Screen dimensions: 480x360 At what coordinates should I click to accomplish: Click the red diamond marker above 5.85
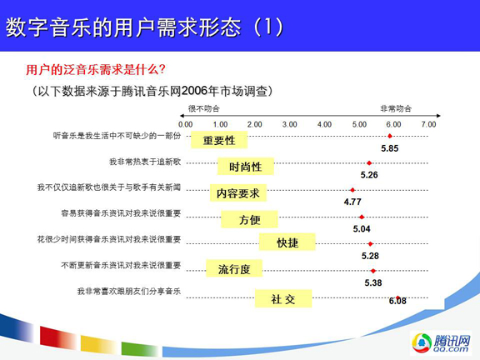click(x=390, y=136)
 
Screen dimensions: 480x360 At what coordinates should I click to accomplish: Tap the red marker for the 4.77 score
click(x=352, y=190)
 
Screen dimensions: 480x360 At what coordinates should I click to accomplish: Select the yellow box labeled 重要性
click(x=219, y=140)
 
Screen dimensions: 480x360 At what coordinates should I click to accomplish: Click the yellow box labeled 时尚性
click(x=246, y=167)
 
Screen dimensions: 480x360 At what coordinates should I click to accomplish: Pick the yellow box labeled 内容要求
click(x=238, y=192)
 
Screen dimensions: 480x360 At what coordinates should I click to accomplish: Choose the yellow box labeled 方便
click(x=249, y=219)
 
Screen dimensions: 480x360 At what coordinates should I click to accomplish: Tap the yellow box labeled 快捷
click(x=287, y=242)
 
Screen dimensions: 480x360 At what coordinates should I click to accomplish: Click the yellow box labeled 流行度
click(x=234, y=268)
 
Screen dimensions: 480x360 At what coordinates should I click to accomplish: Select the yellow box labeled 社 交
click(x=283, y=298)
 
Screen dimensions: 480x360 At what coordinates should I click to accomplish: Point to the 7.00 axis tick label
click(x=428, y=124)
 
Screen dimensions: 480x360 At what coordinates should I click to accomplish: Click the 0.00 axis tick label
click(x=186, y=124)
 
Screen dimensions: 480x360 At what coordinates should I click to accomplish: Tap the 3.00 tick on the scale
click(x=290, y=124)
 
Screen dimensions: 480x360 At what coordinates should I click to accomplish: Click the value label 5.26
click(x=369, y=175)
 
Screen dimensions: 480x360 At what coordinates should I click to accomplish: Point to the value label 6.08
click(x=397, y=301)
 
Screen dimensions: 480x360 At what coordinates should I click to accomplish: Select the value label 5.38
click(x=373, y=282)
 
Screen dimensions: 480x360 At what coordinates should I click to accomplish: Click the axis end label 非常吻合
click(x=396, y=108)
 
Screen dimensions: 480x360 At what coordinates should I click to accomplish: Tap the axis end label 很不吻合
click(x=204, y=108)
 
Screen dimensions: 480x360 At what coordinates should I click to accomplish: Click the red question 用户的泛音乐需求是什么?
click(x=96, y=69)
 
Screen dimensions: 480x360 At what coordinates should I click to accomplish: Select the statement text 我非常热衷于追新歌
click(x=145, y=162)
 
